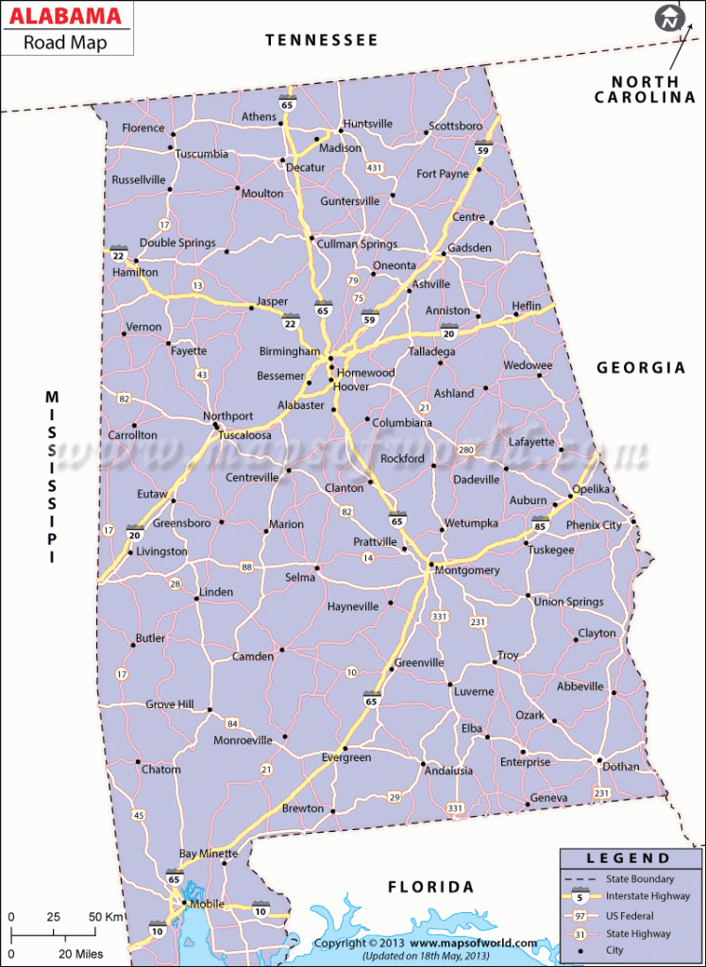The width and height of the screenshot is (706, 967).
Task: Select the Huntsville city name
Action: click(368, 124)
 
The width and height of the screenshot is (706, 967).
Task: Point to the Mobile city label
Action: click(207, 904)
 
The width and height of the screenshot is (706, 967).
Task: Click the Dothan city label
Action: click(620, 767)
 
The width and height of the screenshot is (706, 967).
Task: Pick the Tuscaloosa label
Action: click(244, 435)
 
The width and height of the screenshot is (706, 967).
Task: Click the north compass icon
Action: click(670, 18)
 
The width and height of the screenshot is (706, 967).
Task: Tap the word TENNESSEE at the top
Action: click(321, 40)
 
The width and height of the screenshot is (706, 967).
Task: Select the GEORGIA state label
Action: click(641, 367)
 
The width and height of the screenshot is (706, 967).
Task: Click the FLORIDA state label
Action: click(431, 887)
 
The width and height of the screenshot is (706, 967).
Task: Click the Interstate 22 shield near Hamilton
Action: click(118, 255)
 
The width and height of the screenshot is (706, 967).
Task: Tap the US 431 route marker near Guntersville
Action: click(375, 167)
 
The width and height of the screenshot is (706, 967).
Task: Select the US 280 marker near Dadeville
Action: click(465, 450)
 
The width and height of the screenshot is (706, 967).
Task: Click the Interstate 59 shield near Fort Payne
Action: click(483, 148)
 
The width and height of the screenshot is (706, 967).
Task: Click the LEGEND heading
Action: click(628, 858)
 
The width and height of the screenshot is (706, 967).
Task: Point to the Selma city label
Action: click(300, 577)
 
